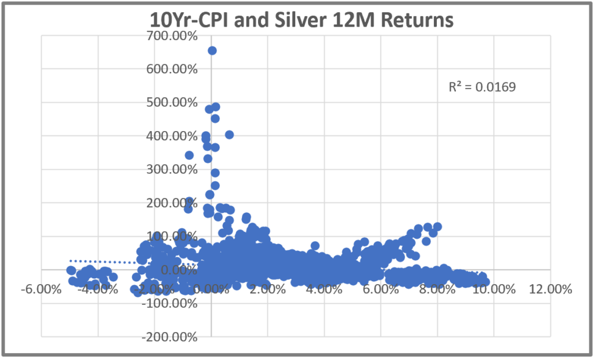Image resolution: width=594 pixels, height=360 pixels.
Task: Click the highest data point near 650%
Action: [212, 50]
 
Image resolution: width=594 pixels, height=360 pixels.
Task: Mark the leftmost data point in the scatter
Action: [71, 270]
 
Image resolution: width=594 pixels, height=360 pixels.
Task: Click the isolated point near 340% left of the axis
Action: [189, 155]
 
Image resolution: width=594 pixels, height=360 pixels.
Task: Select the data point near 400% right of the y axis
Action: [229, 134]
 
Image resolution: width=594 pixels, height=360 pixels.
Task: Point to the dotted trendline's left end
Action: [71, 261]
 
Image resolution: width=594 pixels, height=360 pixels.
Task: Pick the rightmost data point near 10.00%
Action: [486, 282]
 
